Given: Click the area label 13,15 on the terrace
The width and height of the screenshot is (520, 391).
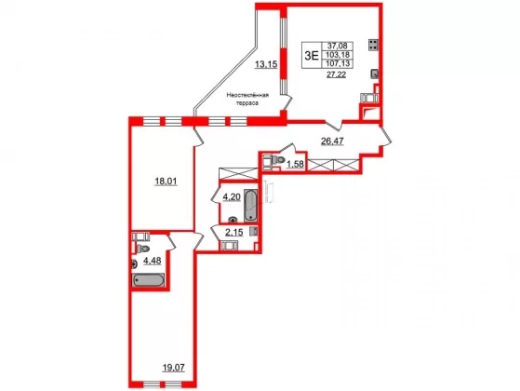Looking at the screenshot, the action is pos(266,64).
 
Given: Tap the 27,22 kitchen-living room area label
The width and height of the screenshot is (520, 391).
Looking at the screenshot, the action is pos(336,74).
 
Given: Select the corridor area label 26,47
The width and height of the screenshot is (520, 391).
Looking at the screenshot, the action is pos(332,142).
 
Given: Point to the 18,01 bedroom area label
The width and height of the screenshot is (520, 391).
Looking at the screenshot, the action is pos(167,182).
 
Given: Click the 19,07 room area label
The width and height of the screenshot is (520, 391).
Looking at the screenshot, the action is pos(173,368).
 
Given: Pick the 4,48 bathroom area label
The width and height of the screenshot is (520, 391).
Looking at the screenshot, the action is pos(153,261).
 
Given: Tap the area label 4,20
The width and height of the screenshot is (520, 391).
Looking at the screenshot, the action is pos(232,197).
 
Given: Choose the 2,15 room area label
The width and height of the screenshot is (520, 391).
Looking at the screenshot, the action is pos(234,233).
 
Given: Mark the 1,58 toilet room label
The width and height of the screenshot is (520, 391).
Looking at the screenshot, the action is pos(295,164).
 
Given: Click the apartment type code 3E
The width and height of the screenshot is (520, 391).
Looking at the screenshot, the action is pos(312,55).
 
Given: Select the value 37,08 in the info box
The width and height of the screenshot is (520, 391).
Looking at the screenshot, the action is pos(337,46).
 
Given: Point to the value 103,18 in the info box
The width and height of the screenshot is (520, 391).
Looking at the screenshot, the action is pos(337,54).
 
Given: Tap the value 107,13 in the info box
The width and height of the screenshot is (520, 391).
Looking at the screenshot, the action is pos(337,63).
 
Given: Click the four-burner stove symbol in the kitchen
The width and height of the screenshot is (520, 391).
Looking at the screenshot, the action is pos(373,45).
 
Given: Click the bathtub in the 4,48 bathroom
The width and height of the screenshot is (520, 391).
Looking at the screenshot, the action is pos(149,280).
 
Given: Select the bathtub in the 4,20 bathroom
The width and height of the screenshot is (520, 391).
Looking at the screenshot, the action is pos(250,206).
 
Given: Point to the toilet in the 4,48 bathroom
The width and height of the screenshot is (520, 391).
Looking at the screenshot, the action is pos(143,249).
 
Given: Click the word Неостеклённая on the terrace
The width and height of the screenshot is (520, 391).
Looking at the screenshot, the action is pos(247,95).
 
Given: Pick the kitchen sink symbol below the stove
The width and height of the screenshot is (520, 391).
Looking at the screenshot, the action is pos(374,74).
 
